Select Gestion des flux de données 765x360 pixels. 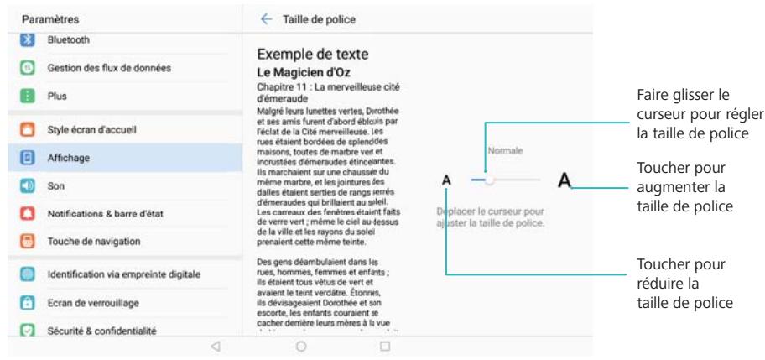115,67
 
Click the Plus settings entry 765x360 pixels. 57,96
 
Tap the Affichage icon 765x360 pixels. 27,157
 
